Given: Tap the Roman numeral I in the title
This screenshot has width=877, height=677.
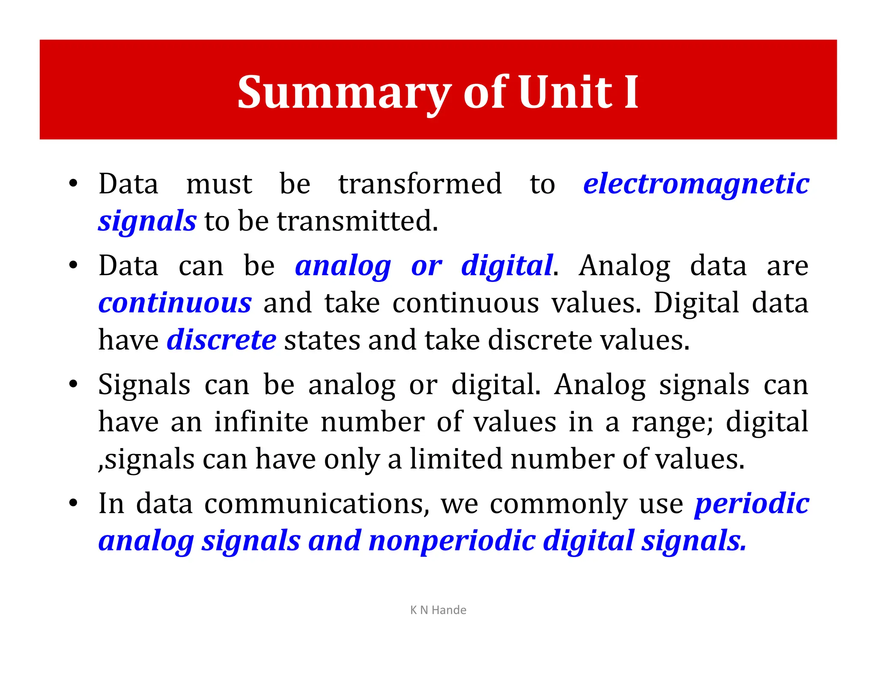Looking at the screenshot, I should coord(631,92).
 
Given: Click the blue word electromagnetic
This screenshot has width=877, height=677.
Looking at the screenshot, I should coord(696,184).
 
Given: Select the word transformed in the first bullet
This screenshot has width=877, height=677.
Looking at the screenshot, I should coord(420,184).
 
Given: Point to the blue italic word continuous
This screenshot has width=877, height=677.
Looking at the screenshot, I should coord(175,303).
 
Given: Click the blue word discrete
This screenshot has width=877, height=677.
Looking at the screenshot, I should coord(221,340).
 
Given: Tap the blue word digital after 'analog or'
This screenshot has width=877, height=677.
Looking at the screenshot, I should coord(507,266).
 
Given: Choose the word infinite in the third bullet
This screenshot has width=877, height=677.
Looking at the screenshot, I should coord(261,422).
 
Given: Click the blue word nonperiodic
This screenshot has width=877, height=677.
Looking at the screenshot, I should coord(452,541).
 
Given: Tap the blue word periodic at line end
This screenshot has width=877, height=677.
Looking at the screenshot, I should coord(752,504).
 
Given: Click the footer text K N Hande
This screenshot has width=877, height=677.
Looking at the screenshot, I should coord(438,610).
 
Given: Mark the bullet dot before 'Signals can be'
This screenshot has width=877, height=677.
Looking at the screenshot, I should coord(73,384).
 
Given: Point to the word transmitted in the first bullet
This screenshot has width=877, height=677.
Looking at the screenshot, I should coord(358,221).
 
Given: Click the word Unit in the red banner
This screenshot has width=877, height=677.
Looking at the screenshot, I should coord(565,92).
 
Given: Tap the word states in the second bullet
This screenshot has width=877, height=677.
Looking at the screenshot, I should coord(322,340).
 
